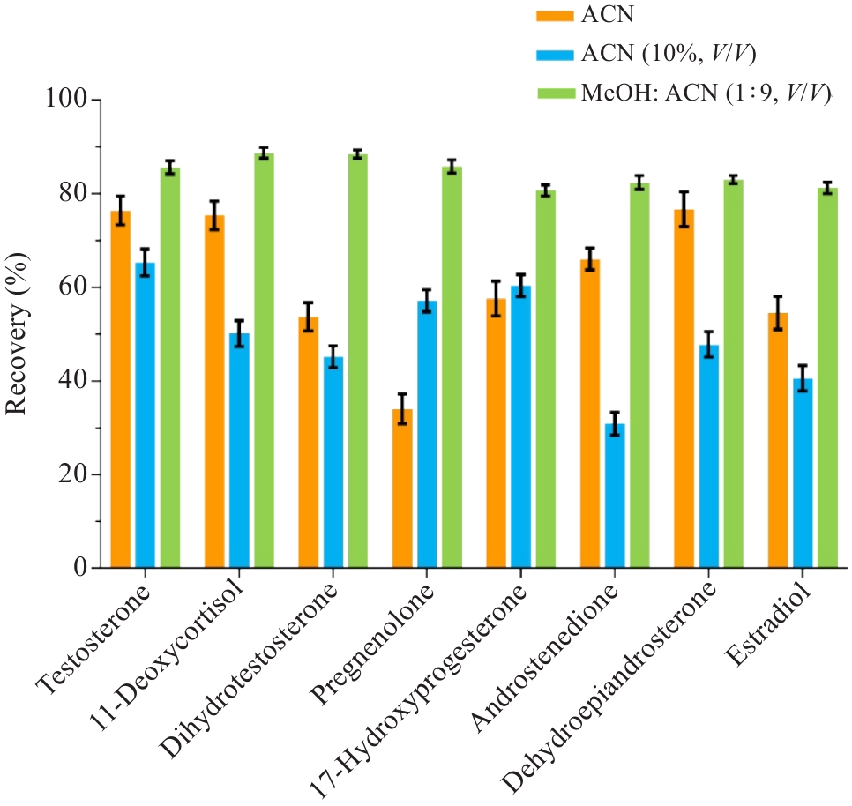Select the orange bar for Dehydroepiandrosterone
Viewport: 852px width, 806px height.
pyautogui.click(x=684, y=388)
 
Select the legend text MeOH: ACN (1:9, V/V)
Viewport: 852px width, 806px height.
pyautogui.click(x=706, y=93)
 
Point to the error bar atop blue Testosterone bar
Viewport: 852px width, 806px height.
pyautogui.click(x=146, y=262)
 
